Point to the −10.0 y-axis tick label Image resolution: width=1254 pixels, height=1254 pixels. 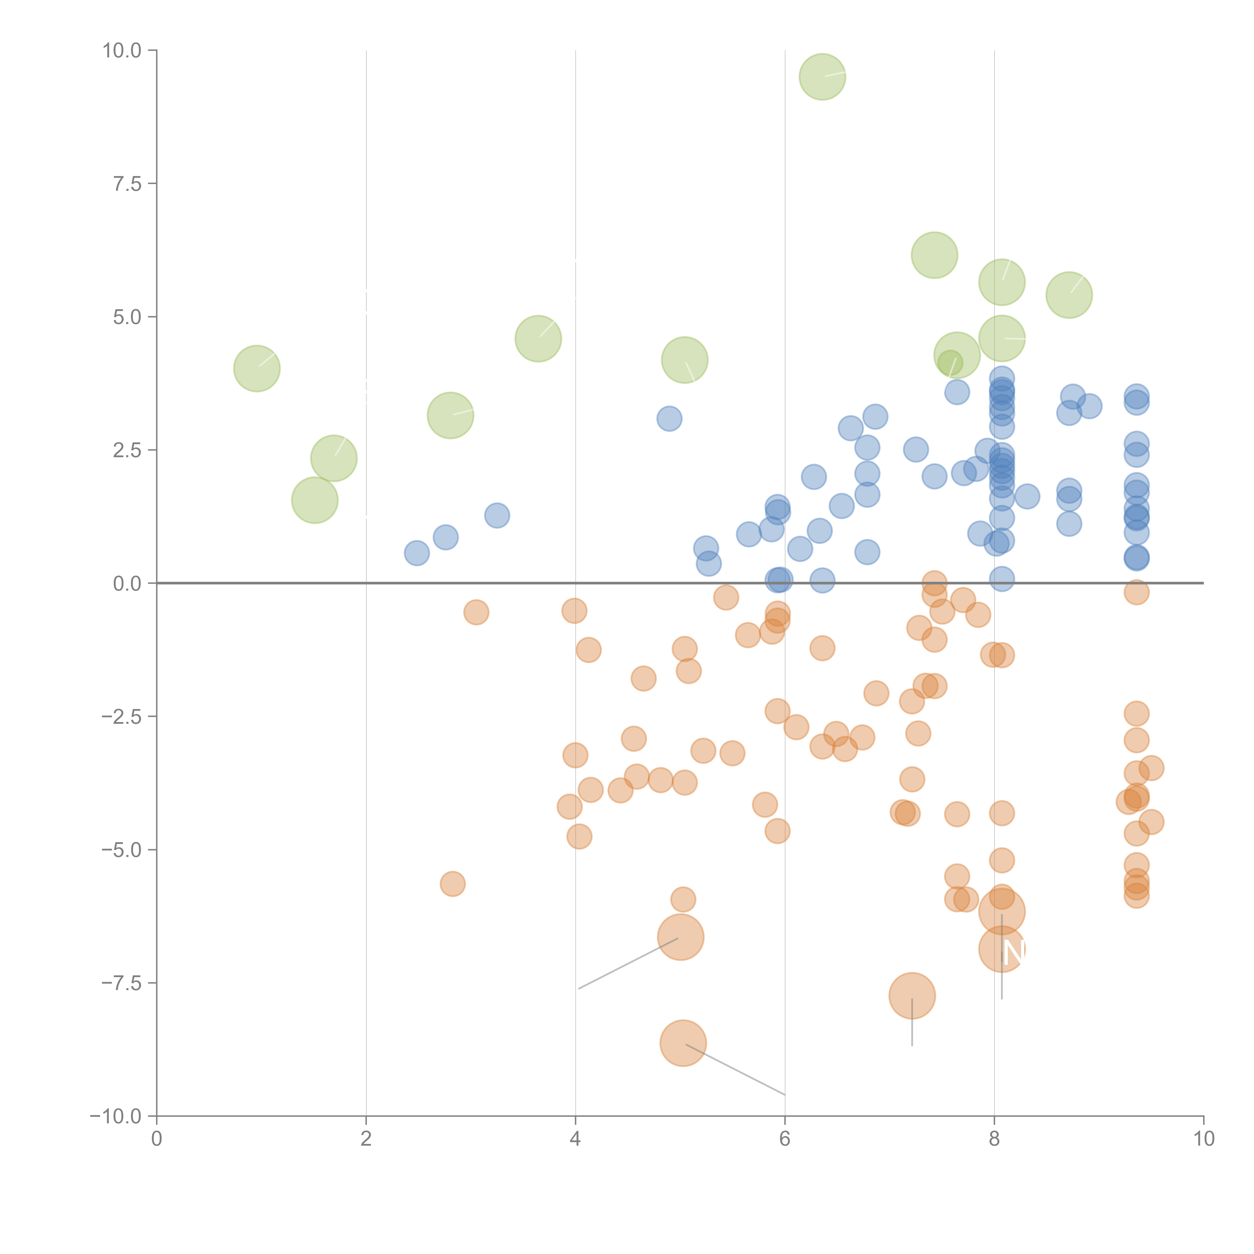(x=116, y=1116)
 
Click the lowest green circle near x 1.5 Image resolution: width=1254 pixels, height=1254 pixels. (x=315, y=500)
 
